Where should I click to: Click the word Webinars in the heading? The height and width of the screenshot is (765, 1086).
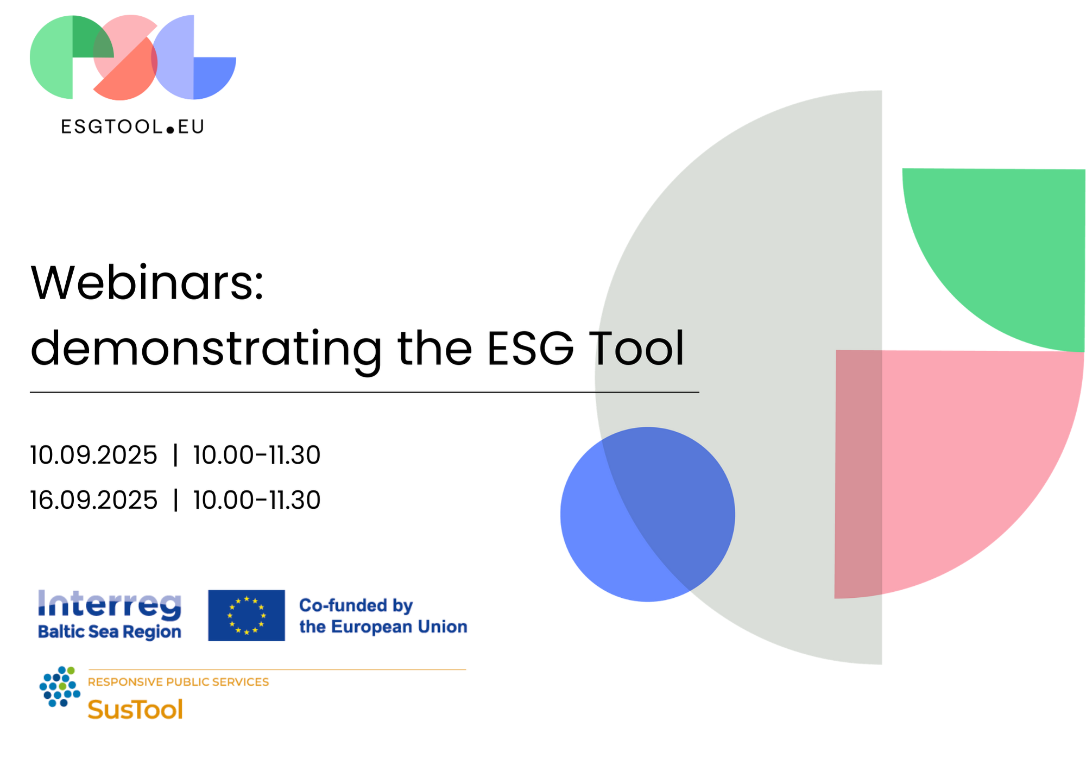pyautogui.click(x=147, y=283)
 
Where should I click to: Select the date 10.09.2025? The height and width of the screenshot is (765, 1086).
pyautogui.click(x=93, y=455)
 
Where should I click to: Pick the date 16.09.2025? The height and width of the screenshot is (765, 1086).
pyautogui.click(x=93, y=500)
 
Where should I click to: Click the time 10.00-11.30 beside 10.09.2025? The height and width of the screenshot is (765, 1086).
pyautogui.click(x=257, y=455)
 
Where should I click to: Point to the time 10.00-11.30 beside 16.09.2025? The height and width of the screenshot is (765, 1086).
pyautogui.click(x=257, y=500)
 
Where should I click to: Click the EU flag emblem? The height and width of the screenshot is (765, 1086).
pyautogui.click(x=247, y=615)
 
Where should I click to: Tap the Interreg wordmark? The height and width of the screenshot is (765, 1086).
pyautogui.click(x=110, y=605)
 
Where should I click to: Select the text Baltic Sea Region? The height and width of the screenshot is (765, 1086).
pyautogui.click(x=110, y=633)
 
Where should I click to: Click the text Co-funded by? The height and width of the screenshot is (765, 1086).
pyautogui.click(x=356, y=605)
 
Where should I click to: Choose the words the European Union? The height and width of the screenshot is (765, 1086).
pyautogui.click(x=383, y=627)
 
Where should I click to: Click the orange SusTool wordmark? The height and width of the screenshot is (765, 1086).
pyautogui.click(x=135, y=709)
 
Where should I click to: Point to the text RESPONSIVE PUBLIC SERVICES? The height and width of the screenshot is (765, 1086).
pyautogui.click(x=179, y=682)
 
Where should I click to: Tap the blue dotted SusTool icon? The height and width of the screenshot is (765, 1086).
pyautogui.click(x=60, y=687)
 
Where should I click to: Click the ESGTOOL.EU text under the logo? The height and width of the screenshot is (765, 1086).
pyautogui.click(x=133, y=127)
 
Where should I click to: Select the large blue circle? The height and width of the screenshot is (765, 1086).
pyautogui.click(x=648, y=514)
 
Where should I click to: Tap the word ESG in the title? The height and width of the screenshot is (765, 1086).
pyautogui.click(x=530, y=348)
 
